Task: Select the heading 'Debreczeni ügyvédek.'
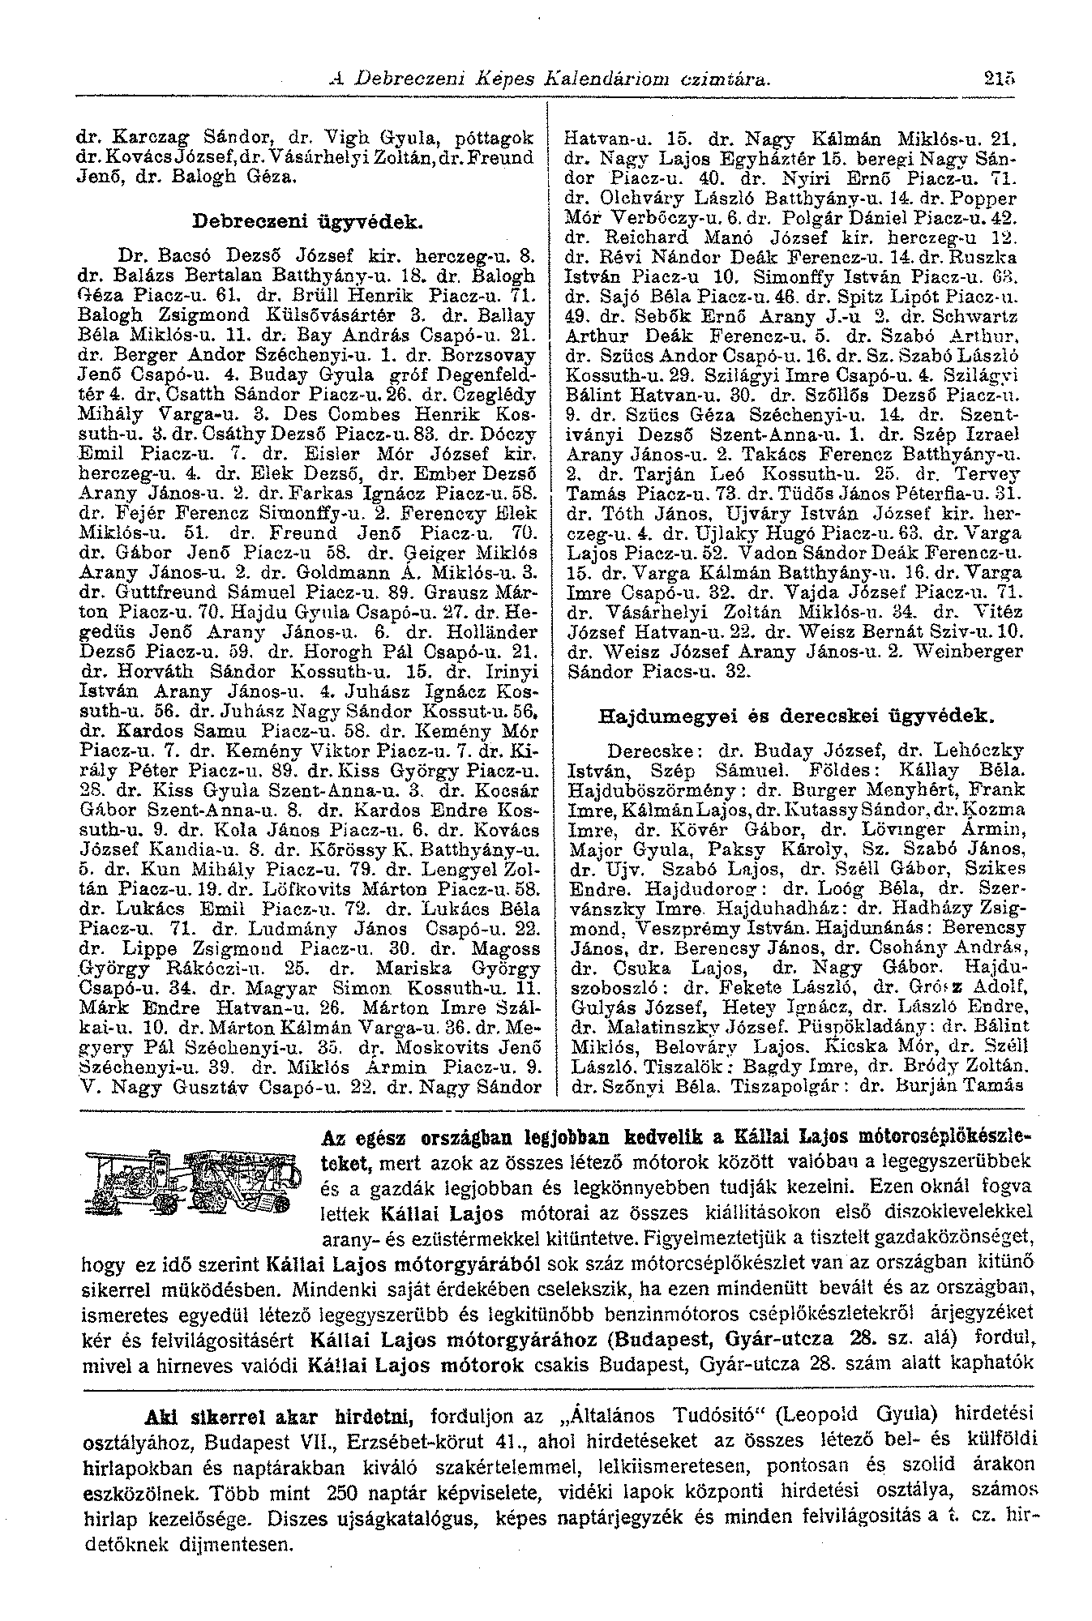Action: point(306,220)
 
